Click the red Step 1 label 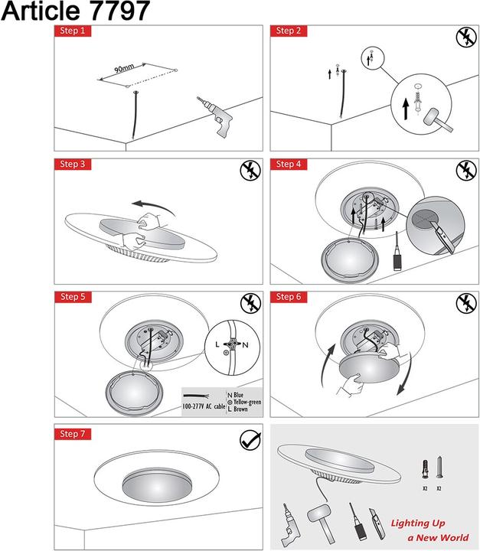(x=73, y=31)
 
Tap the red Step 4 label (x=289, y=164)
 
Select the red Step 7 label (x=73, y=434)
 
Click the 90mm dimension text (x=124, y=68)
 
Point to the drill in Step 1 (x=214, y=116)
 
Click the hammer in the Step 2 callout (x=438, y=120)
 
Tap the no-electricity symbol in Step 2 (x=466, y=37)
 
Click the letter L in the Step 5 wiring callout (x=217, y=344)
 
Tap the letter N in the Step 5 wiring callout (x=245, y=345)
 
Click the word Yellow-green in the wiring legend (x=247, y=402)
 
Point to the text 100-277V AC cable (x=204, y=406)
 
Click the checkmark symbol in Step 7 (x=251, y=439)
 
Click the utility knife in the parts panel (x=377, y=523)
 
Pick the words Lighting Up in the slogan (x=418, y=523)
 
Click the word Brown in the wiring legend (x=240, y=409)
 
